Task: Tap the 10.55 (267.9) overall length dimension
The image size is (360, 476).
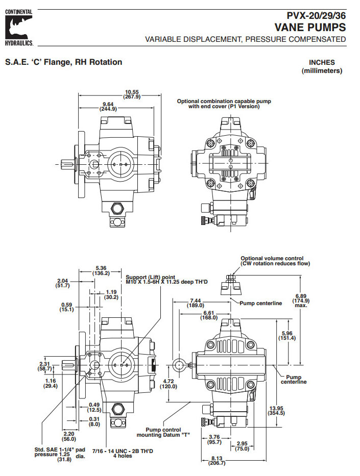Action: (132, 94)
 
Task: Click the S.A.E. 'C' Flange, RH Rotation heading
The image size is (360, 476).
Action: (63, 62)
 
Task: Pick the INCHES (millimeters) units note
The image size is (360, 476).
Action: (322, 66)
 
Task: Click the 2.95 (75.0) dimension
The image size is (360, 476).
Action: (242, 446)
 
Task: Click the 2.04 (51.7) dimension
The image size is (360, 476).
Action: (62, 283)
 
